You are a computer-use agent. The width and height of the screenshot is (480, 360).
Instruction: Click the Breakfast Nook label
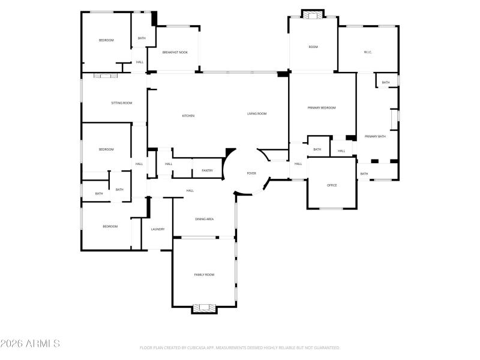pyautogui.click(x=175, y=52)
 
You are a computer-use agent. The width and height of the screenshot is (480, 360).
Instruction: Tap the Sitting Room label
pyautogui.click(x=121, y=103)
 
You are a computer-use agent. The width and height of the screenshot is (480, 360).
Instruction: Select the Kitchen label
pyautogui.click(x=188, y=116)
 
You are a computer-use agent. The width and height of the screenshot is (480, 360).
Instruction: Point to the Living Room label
pyautogui.click(x=257, y=113)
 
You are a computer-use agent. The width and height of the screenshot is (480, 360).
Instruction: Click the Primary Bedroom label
pyautogui.click(x=322, y=107)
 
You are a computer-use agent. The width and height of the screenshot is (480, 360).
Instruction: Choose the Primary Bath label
pyautogui.click(x=375, y=136)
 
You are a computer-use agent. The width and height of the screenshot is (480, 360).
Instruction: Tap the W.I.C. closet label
pyautogui.click(x=368, y=52)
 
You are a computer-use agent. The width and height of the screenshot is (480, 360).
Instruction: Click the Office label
pyautogui.click(x=332, y=185)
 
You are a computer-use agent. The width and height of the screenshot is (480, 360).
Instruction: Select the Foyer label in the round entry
pyautogui.click(x=251, y=173)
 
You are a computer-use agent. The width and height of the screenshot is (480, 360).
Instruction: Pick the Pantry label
pyautogui.click(x=207, y=170)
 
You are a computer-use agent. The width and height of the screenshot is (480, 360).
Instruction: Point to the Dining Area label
pyautogui.click(x=204, y=219)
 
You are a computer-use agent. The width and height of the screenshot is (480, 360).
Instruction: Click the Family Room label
pyautogui.click(x=204, y=274)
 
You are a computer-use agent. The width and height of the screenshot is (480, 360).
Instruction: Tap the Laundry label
pyautogui.click(x=158, y=229)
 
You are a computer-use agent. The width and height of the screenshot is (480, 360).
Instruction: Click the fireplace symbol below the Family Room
pyautogui.click(x=204, y=308)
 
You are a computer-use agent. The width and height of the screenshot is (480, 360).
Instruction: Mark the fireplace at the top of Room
pyautogui.click(x=312, y=15)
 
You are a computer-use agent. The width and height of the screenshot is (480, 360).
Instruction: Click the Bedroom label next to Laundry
pyautogui.click(x=110, y=226)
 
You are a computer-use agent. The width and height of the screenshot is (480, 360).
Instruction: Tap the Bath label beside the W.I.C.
pyautogui.click(x=386, y=82)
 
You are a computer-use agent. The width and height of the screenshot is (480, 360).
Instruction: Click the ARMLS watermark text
pyautogui.click(x=30, y=344)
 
